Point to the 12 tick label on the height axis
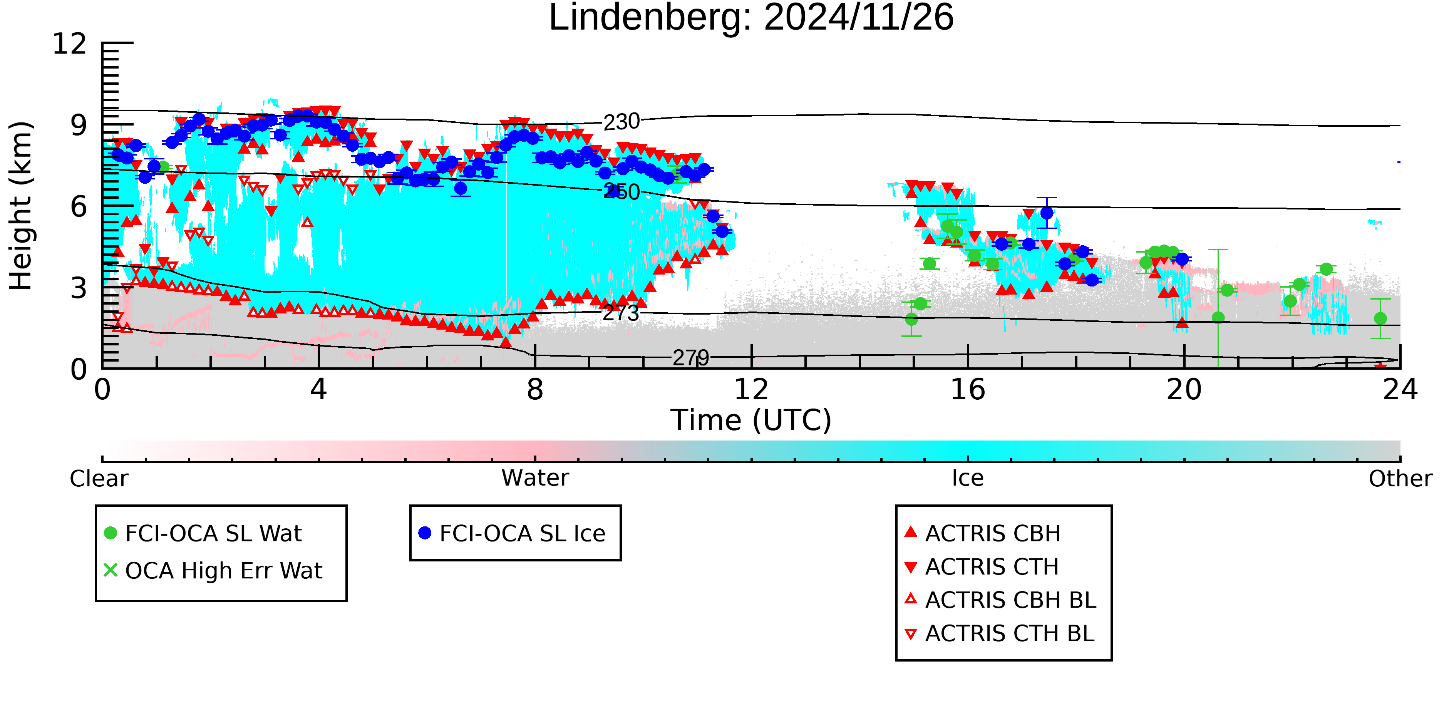(x=70, y=44)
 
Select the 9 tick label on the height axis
(x=79, y=126)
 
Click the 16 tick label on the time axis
(x=968, y=390)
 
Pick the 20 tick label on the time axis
(x=1184, y=390)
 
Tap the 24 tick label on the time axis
(x=1400, y=390)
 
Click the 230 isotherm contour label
(x=621, y=122)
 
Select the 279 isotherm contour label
(x=690, y=358)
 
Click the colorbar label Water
(x=535, y=478)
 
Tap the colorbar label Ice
(x=968, y=478)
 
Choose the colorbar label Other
(x=1400, y=479)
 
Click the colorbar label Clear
(x=99, y=479)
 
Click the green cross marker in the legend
(x=111, y=571)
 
